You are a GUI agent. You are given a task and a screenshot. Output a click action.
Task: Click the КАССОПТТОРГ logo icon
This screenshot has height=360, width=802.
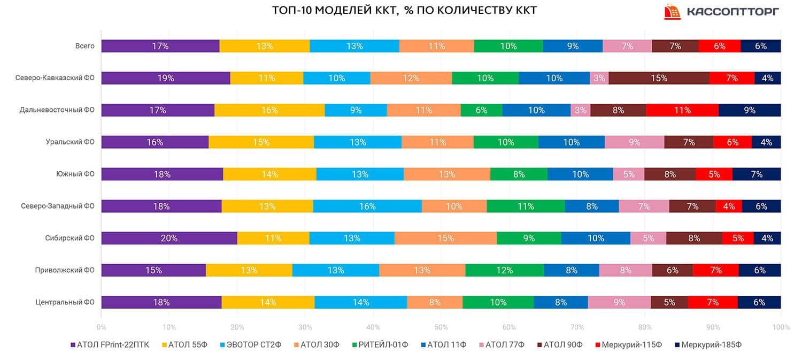point(672,12)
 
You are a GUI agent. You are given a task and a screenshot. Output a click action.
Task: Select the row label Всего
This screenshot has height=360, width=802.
point(84,46)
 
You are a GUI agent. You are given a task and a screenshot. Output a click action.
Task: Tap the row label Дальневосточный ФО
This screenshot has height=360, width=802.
point(57,110)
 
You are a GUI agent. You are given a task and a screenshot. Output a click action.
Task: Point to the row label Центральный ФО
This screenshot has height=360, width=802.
point(65,302)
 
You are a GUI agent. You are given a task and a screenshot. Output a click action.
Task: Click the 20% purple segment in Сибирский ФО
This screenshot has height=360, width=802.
point(169,238)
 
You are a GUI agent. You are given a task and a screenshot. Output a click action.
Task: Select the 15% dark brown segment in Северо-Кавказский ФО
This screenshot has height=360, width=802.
point(659,78)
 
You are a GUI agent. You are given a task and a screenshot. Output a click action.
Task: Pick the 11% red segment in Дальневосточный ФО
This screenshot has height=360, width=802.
point(682,110)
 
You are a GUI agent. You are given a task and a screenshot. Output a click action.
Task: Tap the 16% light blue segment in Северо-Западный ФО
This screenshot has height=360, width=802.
point(367,206)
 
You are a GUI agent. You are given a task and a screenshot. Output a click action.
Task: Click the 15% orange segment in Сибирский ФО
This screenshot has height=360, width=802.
point(445,238)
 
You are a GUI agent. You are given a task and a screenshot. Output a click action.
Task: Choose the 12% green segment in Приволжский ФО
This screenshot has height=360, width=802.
point(504,270)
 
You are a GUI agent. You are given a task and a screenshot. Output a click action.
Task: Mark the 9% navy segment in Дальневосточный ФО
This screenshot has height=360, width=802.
point(750,110)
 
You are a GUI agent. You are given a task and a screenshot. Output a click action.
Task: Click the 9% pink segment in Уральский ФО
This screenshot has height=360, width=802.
point(634,142)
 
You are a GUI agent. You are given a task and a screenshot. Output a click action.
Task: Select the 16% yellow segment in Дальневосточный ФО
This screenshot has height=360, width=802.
point(269,110)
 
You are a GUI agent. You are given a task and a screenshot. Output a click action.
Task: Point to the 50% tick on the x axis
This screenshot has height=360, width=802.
point(441,327)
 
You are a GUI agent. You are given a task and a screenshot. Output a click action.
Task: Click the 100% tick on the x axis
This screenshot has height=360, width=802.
point(780,327)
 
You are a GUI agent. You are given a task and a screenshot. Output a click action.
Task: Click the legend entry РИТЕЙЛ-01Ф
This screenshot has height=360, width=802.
point(379,345)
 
